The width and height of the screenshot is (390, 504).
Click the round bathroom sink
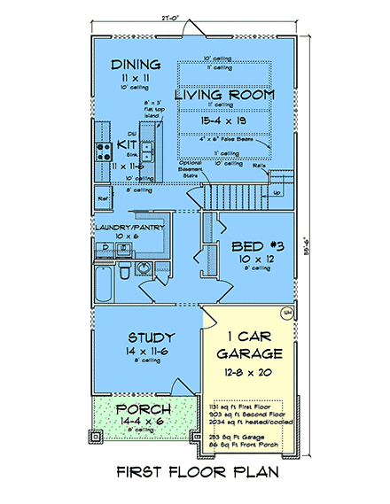tap(143, 269)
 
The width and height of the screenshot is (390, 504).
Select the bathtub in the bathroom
tap(104, 283)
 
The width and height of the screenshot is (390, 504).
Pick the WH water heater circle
tap(287, 313)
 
